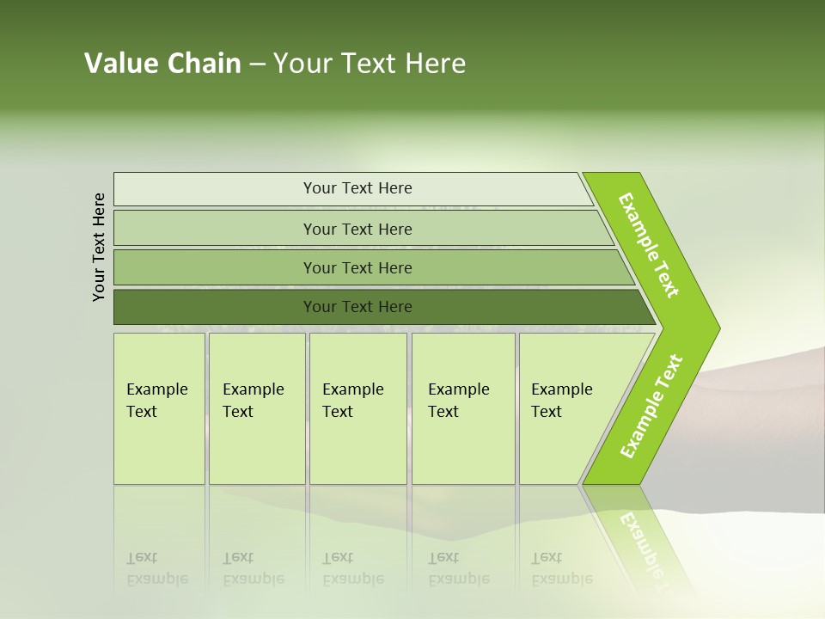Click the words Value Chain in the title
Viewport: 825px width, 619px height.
point(162,64)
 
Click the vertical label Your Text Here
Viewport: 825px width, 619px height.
point(99,247)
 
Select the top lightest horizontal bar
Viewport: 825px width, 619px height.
point(215,189)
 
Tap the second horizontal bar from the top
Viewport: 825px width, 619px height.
point(215,229)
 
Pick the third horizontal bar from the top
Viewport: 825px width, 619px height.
point(215,267)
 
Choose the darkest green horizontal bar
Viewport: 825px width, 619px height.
point(215,307)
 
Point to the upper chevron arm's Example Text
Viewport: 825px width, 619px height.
point(649,245)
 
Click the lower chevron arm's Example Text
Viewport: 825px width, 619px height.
point(651,407)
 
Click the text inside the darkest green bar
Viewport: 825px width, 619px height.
point(357,307)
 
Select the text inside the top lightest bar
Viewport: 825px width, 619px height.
point(357,188)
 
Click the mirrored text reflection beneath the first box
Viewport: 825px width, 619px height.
point(157,568)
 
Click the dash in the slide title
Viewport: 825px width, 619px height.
point(257,64)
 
